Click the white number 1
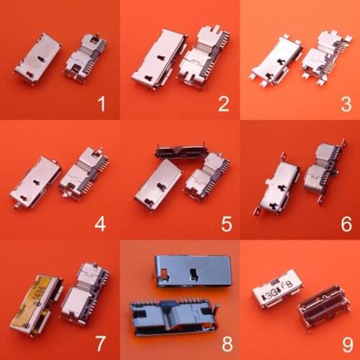point(101,105)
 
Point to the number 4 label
point(100,224)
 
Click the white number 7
point(101,343)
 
